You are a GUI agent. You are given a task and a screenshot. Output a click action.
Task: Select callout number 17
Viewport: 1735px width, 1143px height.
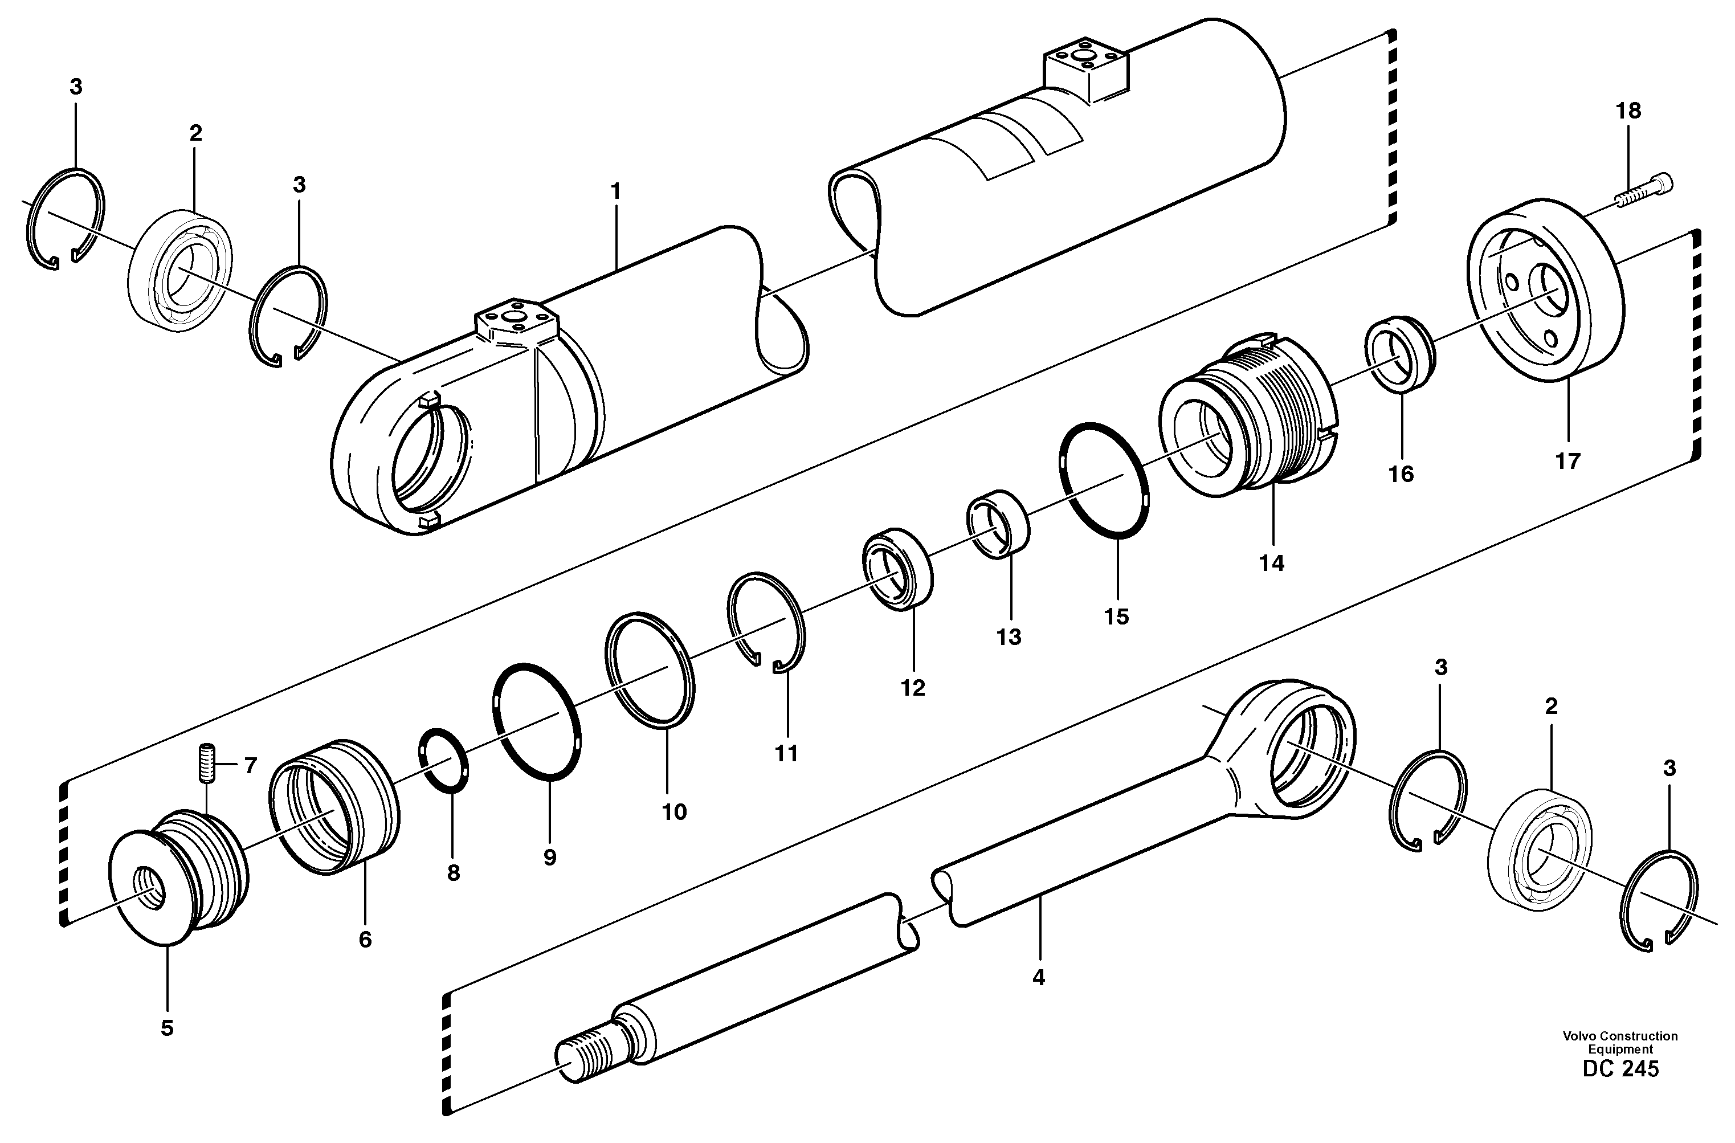pyautogui.click(x=1567, y=461)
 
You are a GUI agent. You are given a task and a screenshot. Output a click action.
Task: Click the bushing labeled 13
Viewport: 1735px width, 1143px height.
pyautogui.click(x=998, y=525)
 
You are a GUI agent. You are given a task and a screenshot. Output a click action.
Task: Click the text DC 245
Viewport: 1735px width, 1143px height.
pyautogui.click(x=1620, y=1069)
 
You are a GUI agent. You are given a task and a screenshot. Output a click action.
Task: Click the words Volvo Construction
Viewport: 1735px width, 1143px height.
pyautogui.click(x=1620, y=1036)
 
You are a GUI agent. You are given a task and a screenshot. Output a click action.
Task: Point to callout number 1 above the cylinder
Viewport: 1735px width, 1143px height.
pyautogui.click(x=615, y=193)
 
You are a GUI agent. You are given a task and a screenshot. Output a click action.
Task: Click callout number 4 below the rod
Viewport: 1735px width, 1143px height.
pyautogui.click(x=1039, y=978)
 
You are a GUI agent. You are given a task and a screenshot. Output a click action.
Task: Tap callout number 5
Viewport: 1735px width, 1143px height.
pyautogui.click(x=167, y=1028)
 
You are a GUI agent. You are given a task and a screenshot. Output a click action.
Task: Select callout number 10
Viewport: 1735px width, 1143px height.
pyautogui.click(x=674, y=811)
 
